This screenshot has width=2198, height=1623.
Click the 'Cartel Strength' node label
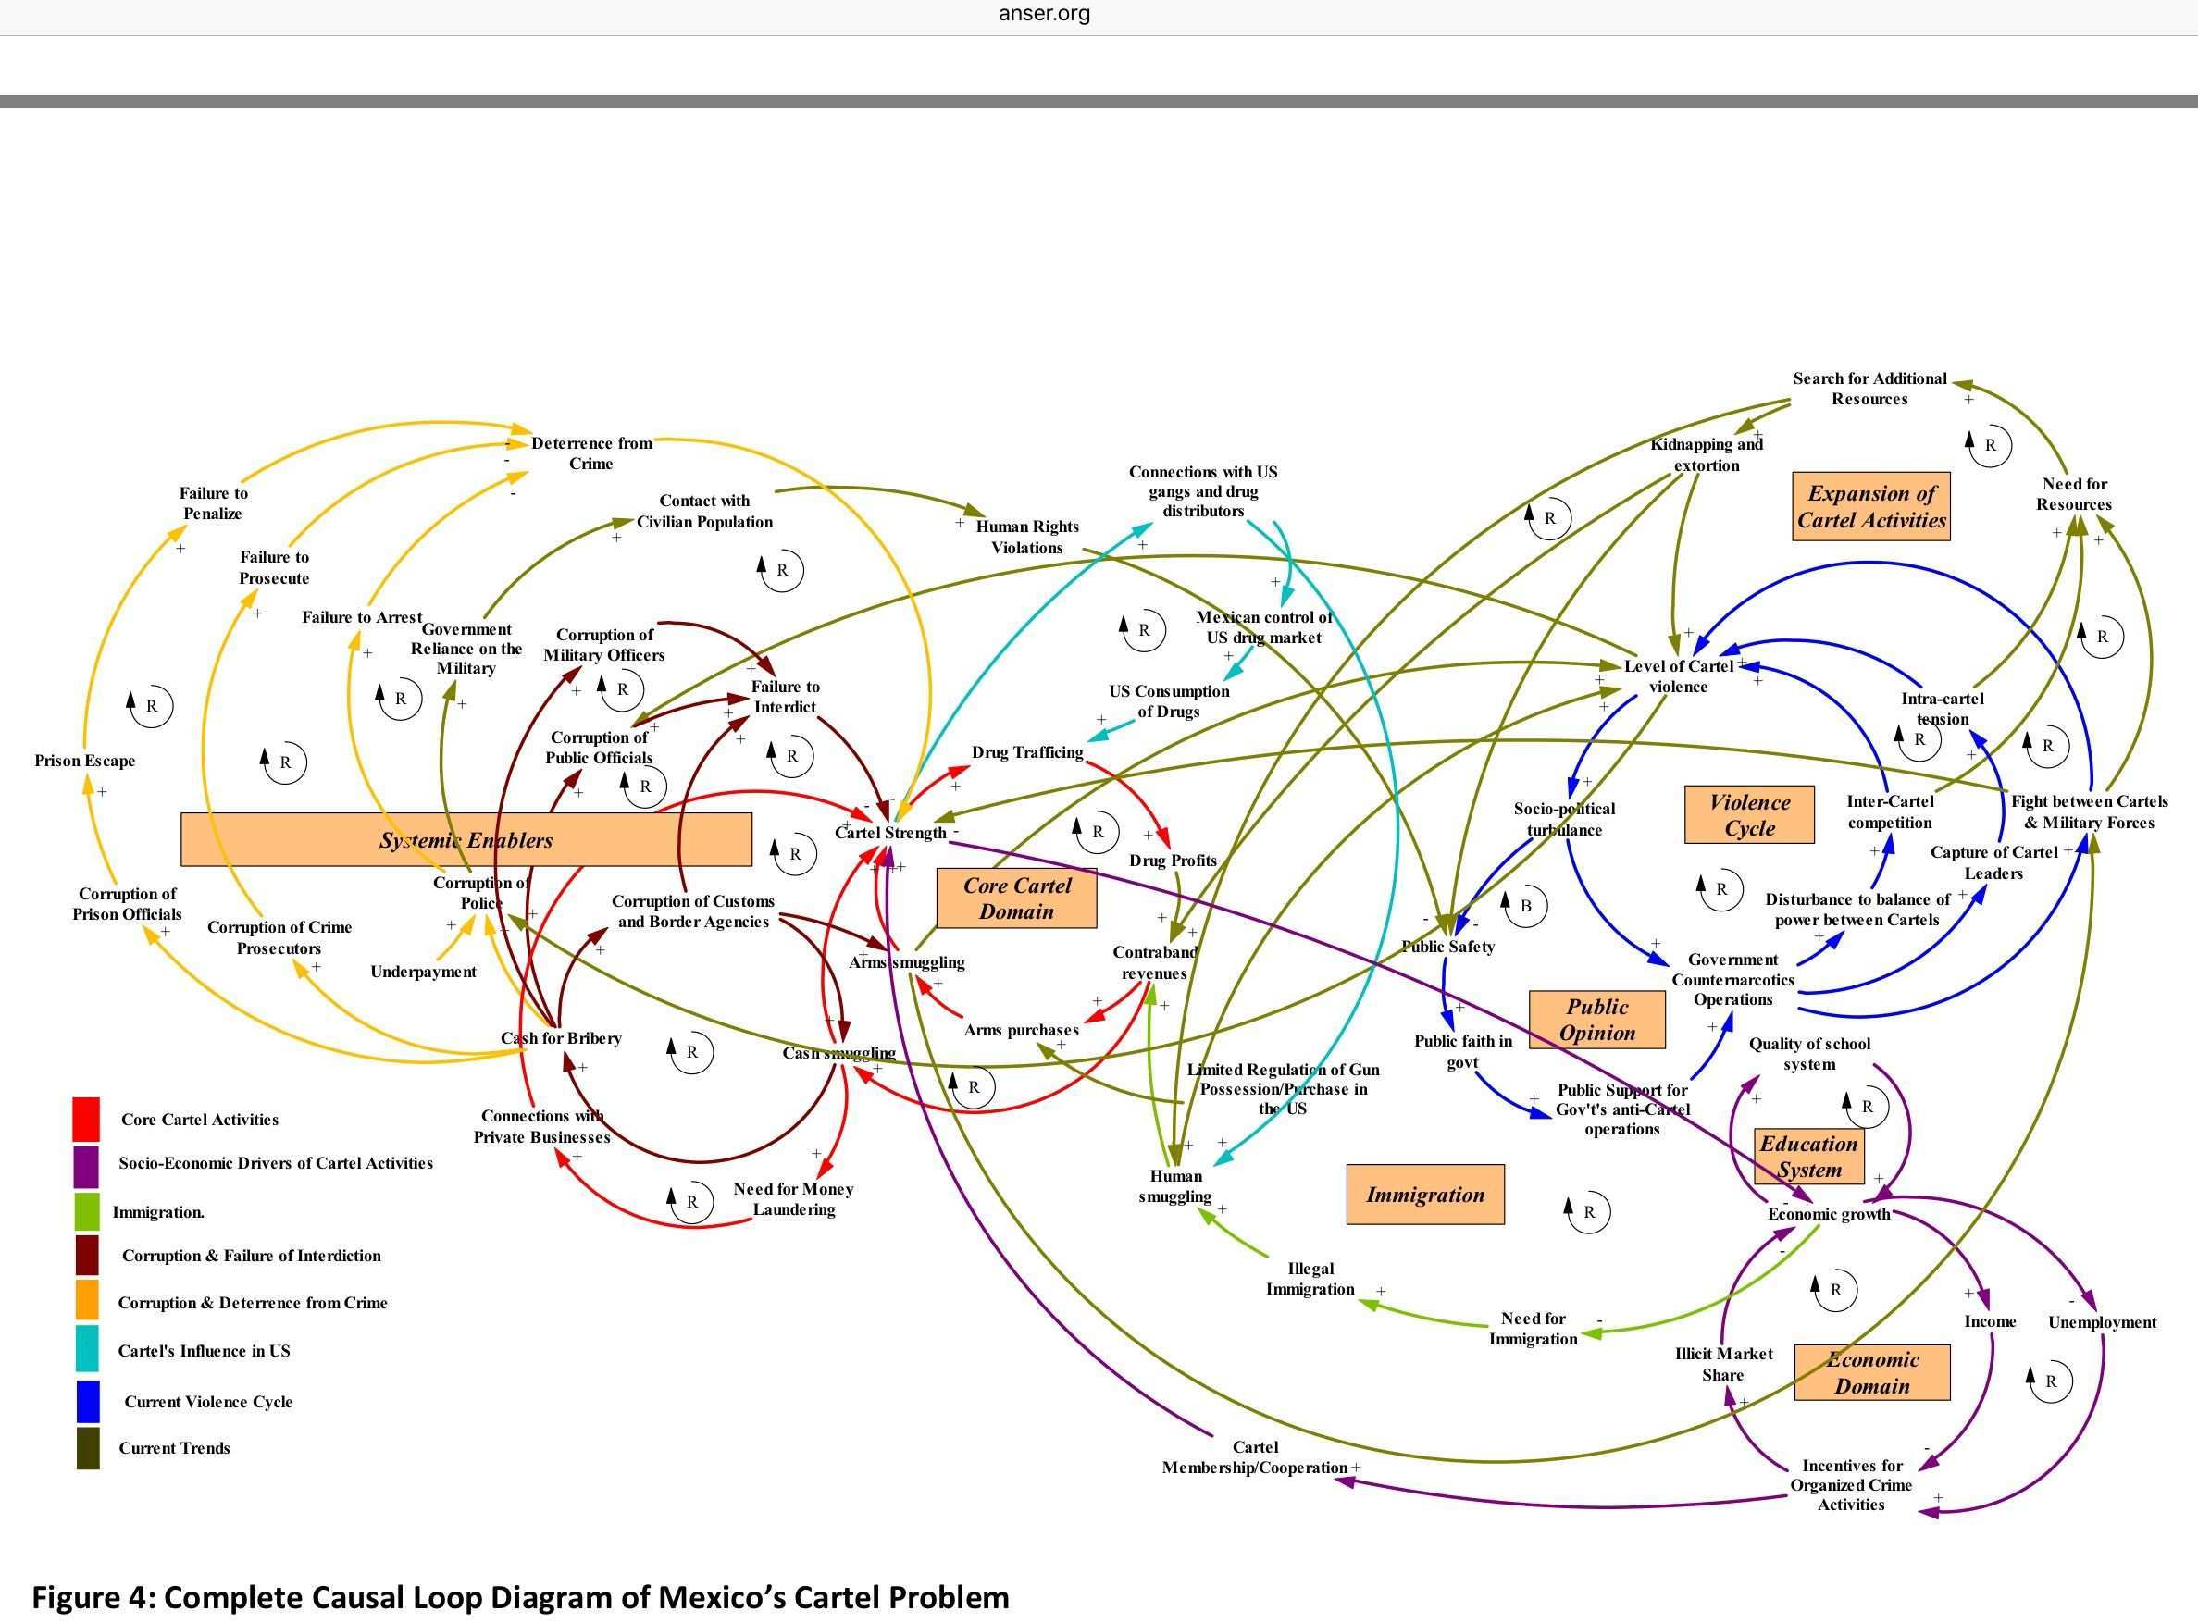(x=890, y=833)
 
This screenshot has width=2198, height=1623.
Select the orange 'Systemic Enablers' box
(x=466, y=840)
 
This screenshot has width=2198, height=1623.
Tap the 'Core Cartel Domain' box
(x=1016, y=898)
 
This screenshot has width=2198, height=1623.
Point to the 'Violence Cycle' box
(x=1749, y=814)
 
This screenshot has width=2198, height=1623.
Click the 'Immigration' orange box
(x=1424, y=1195)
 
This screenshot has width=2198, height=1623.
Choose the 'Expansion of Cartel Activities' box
(x=1870, y=507)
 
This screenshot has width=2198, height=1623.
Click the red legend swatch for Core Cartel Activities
(x=86, y=1119)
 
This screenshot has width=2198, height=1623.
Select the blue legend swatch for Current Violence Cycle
(x=87, y=1401)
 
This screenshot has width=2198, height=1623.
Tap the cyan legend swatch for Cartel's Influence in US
(x=87, y=1349)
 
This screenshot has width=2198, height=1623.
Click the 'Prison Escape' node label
(x=84, y=761)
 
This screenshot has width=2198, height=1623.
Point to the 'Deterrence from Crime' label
(x=591, y=452)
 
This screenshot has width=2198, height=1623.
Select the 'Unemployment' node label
(x=2102, y=1322)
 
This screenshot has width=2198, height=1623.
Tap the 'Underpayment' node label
(x=423, y=972)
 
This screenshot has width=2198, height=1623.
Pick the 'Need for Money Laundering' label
(x=794, y=1198)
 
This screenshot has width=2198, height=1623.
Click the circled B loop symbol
(x=1525, y=906)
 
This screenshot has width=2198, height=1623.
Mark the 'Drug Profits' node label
(x=1173, y=861)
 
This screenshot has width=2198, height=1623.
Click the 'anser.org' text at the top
(x=1044, y=14)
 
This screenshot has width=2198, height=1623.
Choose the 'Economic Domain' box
(x=1872, y=1372)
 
